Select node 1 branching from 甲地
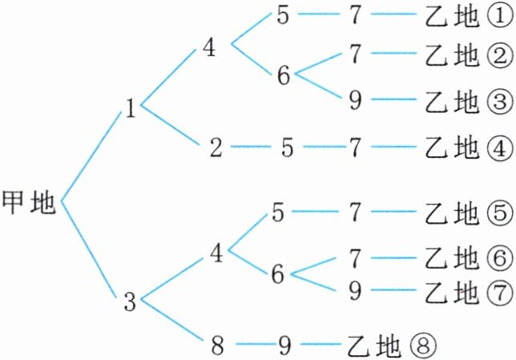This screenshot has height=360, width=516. (x=131, y=109)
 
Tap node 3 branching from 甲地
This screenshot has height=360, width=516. (x=131, y=302)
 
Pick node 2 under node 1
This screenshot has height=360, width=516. (x=216, y=148)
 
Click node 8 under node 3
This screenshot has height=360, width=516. (x=217, y=346)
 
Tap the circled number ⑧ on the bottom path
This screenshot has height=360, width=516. (x=423, y=346)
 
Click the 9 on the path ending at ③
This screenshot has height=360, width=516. (x=355, y=101)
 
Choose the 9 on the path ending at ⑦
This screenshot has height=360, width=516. (x=355, y=290)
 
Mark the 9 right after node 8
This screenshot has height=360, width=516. (x=284, y=346)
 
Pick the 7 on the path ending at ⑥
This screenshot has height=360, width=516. (x=355, y=258)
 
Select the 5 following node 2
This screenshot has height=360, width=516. (x=286, y=148)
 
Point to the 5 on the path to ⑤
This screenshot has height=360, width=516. (x=278, y=214)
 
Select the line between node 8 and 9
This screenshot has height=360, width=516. (x=251, y=346)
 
